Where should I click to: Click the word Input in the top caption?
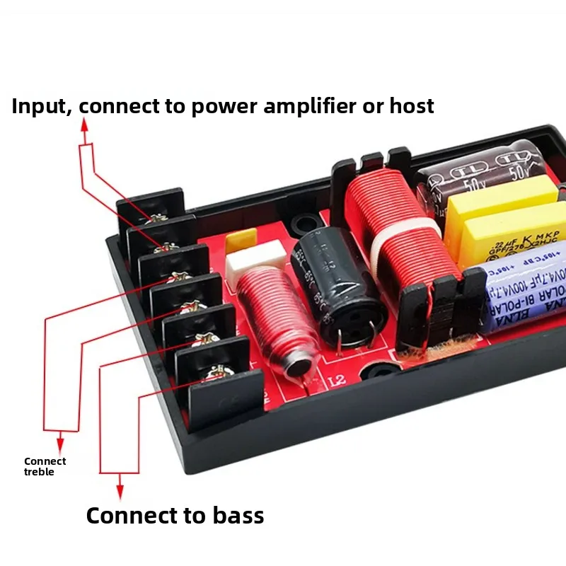point(41,106)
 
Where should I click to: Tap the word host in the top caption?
point(411,106)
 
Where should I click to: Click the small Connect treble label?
point(45,466)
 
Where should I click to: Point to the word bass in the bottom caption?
point(229,515)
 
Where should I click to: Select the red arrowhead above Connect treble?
point(60,444)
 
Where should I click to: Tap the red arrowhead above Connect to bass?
point(120,488)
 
